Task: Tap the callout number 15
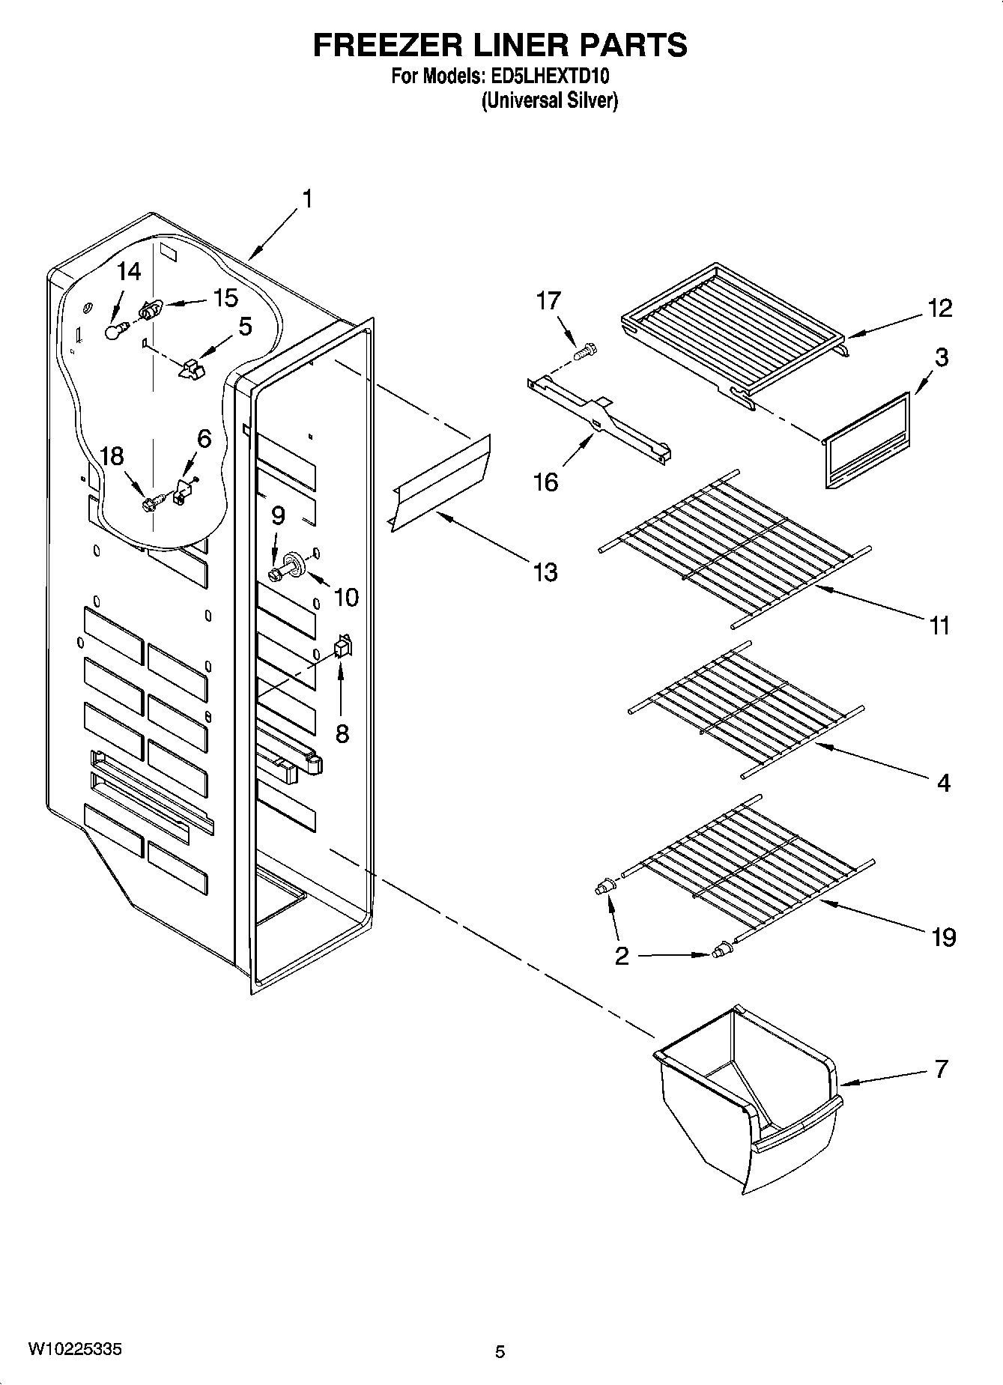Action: (225, 297)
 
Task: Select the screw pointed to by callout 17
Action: (586, 349)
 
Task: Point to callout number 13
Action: (545, 572)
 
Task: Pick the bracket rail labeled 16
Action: (598, 421)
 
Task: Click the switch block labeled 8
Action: (342, 647)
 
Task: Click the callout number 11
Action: (939, 625)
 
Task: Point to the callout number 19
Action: (944, 936)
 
